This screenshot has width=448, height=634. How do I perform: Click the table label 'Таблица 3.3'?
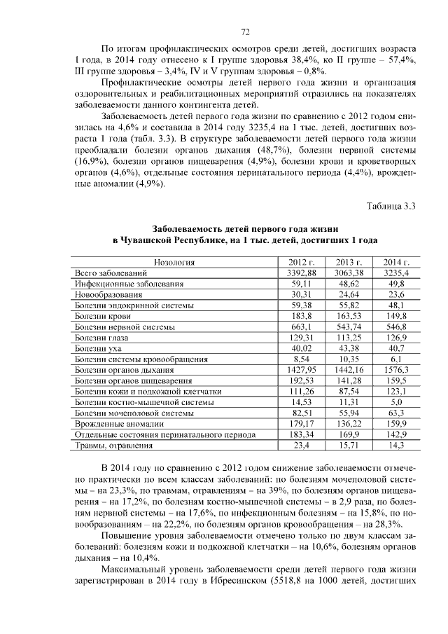(x=391, y=205)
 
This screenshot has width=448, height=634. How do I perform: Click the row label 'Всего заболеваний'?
(x=111, y=273)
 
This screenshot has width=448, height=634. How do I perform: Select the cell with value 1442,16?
(x=350, y=370)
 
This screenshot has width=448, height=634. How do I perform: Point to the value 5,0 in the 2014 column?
(x=396, y=402)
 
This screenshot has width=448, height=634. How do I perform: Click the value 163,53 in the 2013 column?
(x=350, y=316)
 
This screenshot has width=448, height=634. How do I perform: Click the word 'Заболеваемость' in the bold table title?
(x=187, y=228)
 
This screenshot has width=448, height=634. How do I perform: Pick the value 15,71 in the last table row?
(x=350, y=446)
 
